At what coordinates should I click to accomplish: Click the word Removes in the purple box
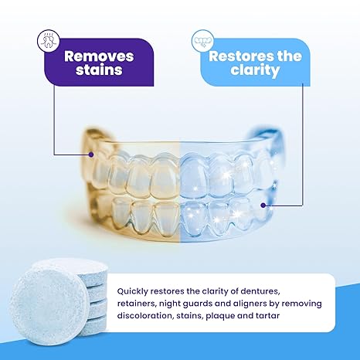click(99, 56)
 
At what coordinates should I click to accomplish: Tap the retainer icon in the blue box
click(204, 37)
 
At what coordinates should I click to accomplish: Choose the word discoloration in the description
click(151, 316)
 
